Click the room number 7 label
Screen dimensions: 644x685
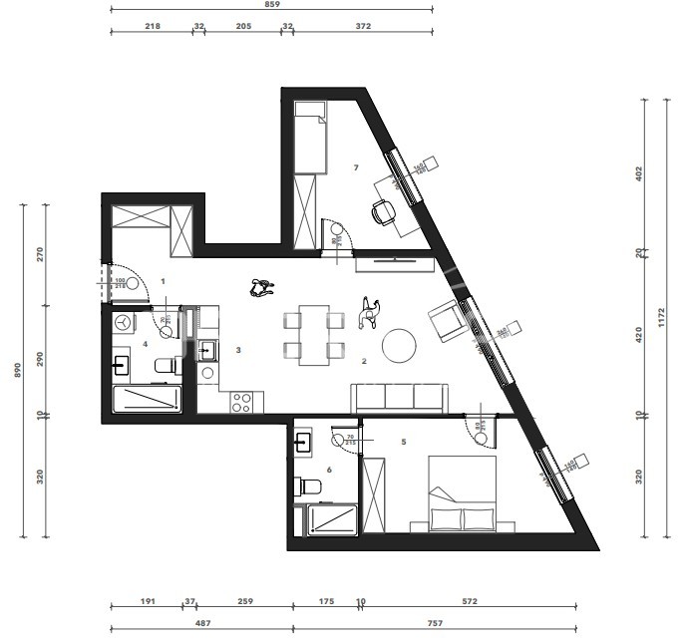click(x=356, y=167)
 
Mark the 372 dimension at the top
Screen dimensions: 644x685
click(x=362, y=27)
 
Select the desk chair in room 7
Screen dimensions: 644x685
click(x=382, y=211)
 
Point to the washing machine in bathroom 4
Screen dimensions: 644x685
click(x=123, y=324)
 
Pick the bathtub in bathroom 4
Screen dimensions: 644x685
click(x=147, y=399)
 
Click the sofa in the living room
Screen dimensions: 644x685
click(x=400, y=397)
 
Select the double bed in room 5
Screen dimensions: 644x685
click(x=464, y=495)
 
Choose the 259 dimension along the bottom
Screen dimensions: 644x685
click(x=244, y=602)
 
